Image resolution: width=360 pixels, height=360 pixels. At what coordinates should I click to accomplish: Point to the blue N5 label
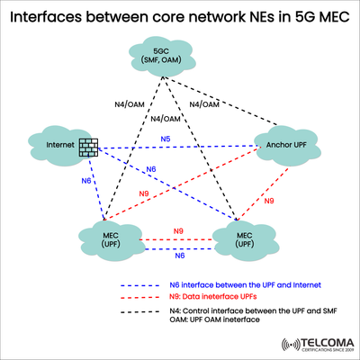pyautogui.click(x=165, y=139)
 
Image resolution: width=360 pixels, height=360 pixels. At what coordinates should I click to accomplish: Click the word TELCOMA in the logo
pyautogui.click(x=313, y=343)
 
